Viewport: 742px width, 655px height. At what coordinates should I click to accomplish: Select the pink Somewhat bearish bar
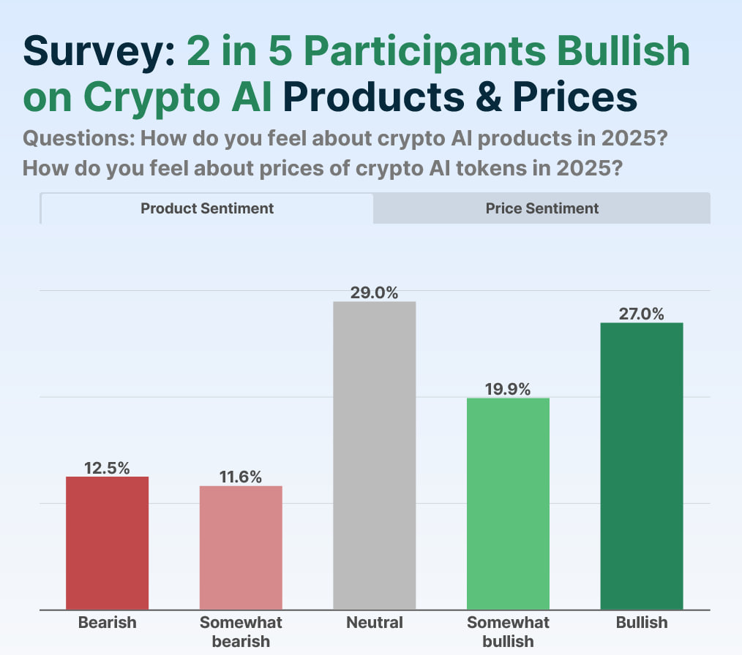(241, 548)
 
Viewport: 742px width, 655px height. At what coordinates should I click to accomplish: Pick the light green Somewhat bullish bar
(508, 504)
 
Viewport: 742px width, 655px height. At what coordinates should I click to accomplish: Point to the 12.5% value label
(108, 468)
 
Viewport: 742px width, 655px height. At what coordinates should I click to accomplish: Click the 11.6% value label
(241, 477)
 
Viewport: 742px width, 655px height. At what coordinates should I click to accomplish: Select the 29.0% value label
(375, 293)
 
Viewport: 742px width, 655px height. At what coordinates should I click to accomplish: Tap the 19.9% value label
(508, 389)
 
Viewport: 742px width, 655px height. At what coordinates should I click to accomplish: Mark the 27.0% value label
(642, 314)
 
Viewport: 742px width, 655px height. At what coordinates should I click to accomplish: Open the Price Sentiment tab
(542, 208)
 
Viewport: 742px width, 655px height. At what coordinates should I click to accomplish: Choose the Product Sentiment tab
(207, 208)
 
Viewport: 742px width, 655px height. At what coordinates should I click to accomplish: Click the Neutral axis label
(375, 623)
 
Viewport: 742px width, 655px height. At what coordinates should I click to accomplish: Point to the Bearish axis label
(108, 623)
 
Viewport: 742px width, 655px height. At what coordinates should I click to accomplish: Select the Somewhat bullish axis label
(508, 632)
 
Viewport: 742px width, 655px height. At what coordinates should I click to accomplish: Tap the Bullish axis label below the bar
(642, 623)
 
